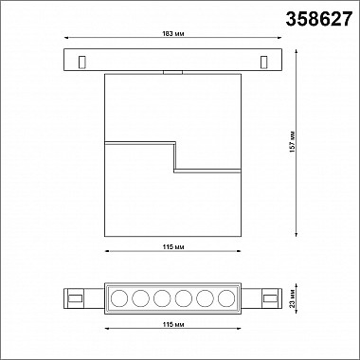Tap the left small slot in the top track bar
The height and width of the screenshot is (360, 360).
coord(83,62)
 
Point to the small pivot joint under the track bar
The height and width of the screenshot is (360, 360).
coord(171,71)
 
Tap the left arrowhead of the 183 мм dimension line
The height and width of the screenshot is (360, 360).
coord(64,43)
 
